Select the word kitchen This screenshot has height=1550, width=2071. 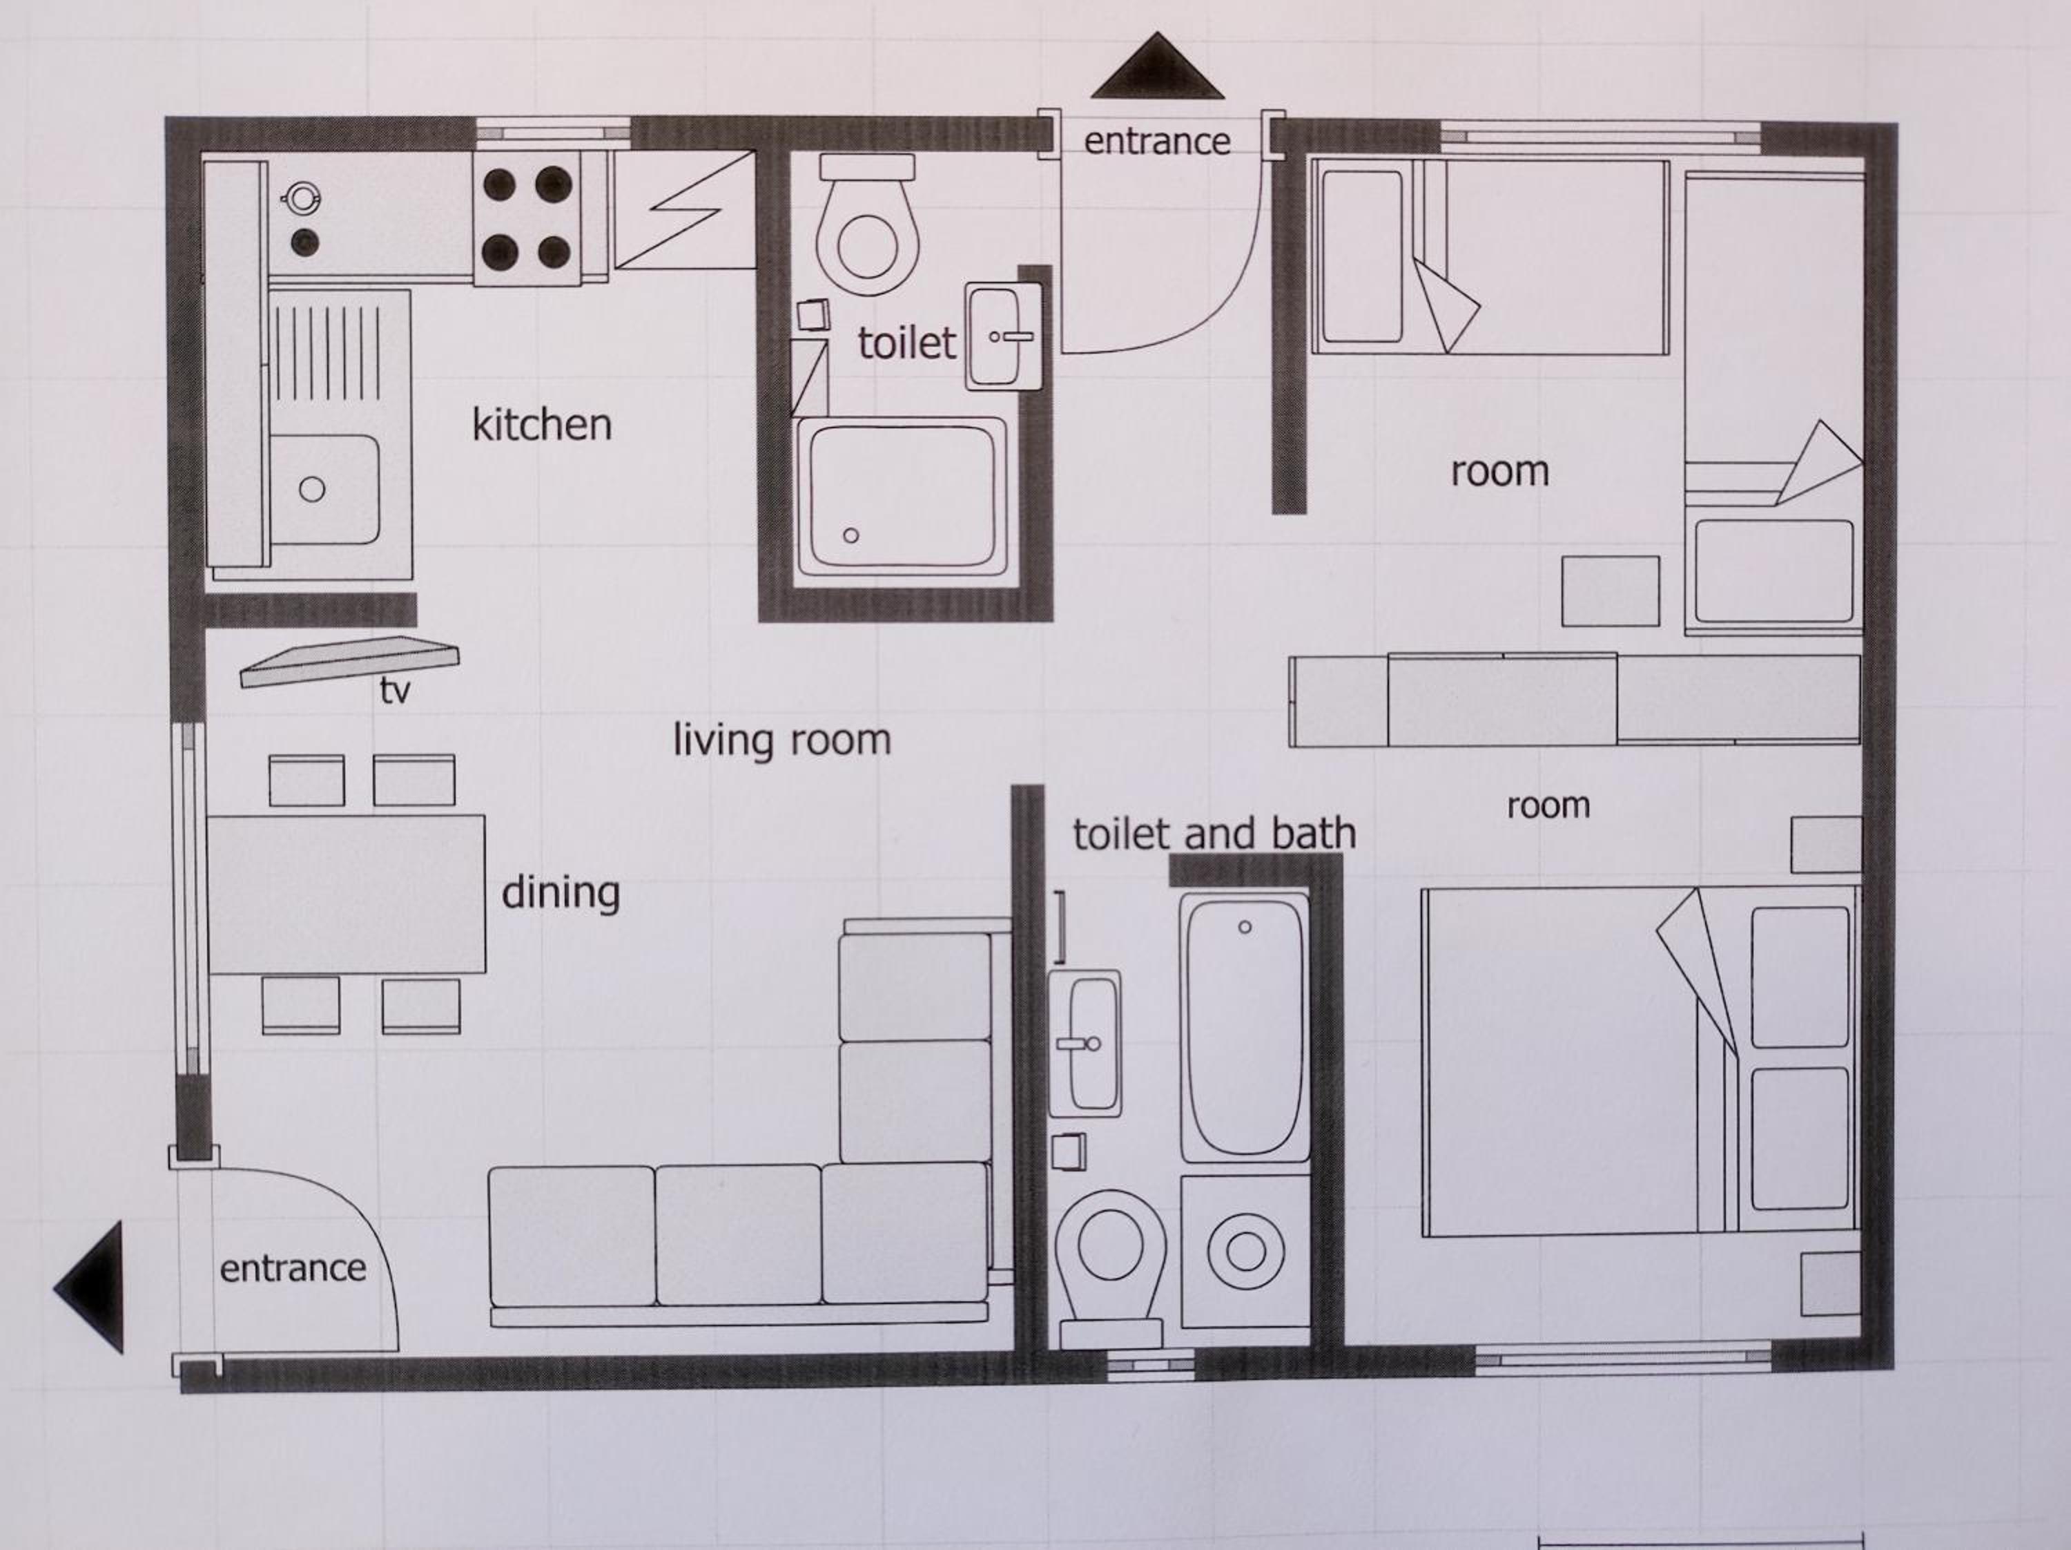tap(542, 425)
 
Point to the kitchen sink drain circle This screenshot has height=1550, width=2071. tap(312, 489)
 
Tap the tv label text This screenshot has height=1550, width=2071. tap(395, 691)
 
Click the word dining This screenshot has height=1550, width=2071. tap(561, 892)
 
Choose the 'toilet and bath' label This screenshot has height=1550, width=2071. tap(1214, 834)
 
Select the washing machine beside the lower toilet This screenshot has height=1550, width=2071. tap(1245, 1251)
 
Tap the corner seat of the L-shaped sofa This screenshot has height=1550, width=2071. tap(904, 1234)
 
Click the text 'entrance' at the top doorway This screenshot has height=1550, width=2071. tap(1157, 142)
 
